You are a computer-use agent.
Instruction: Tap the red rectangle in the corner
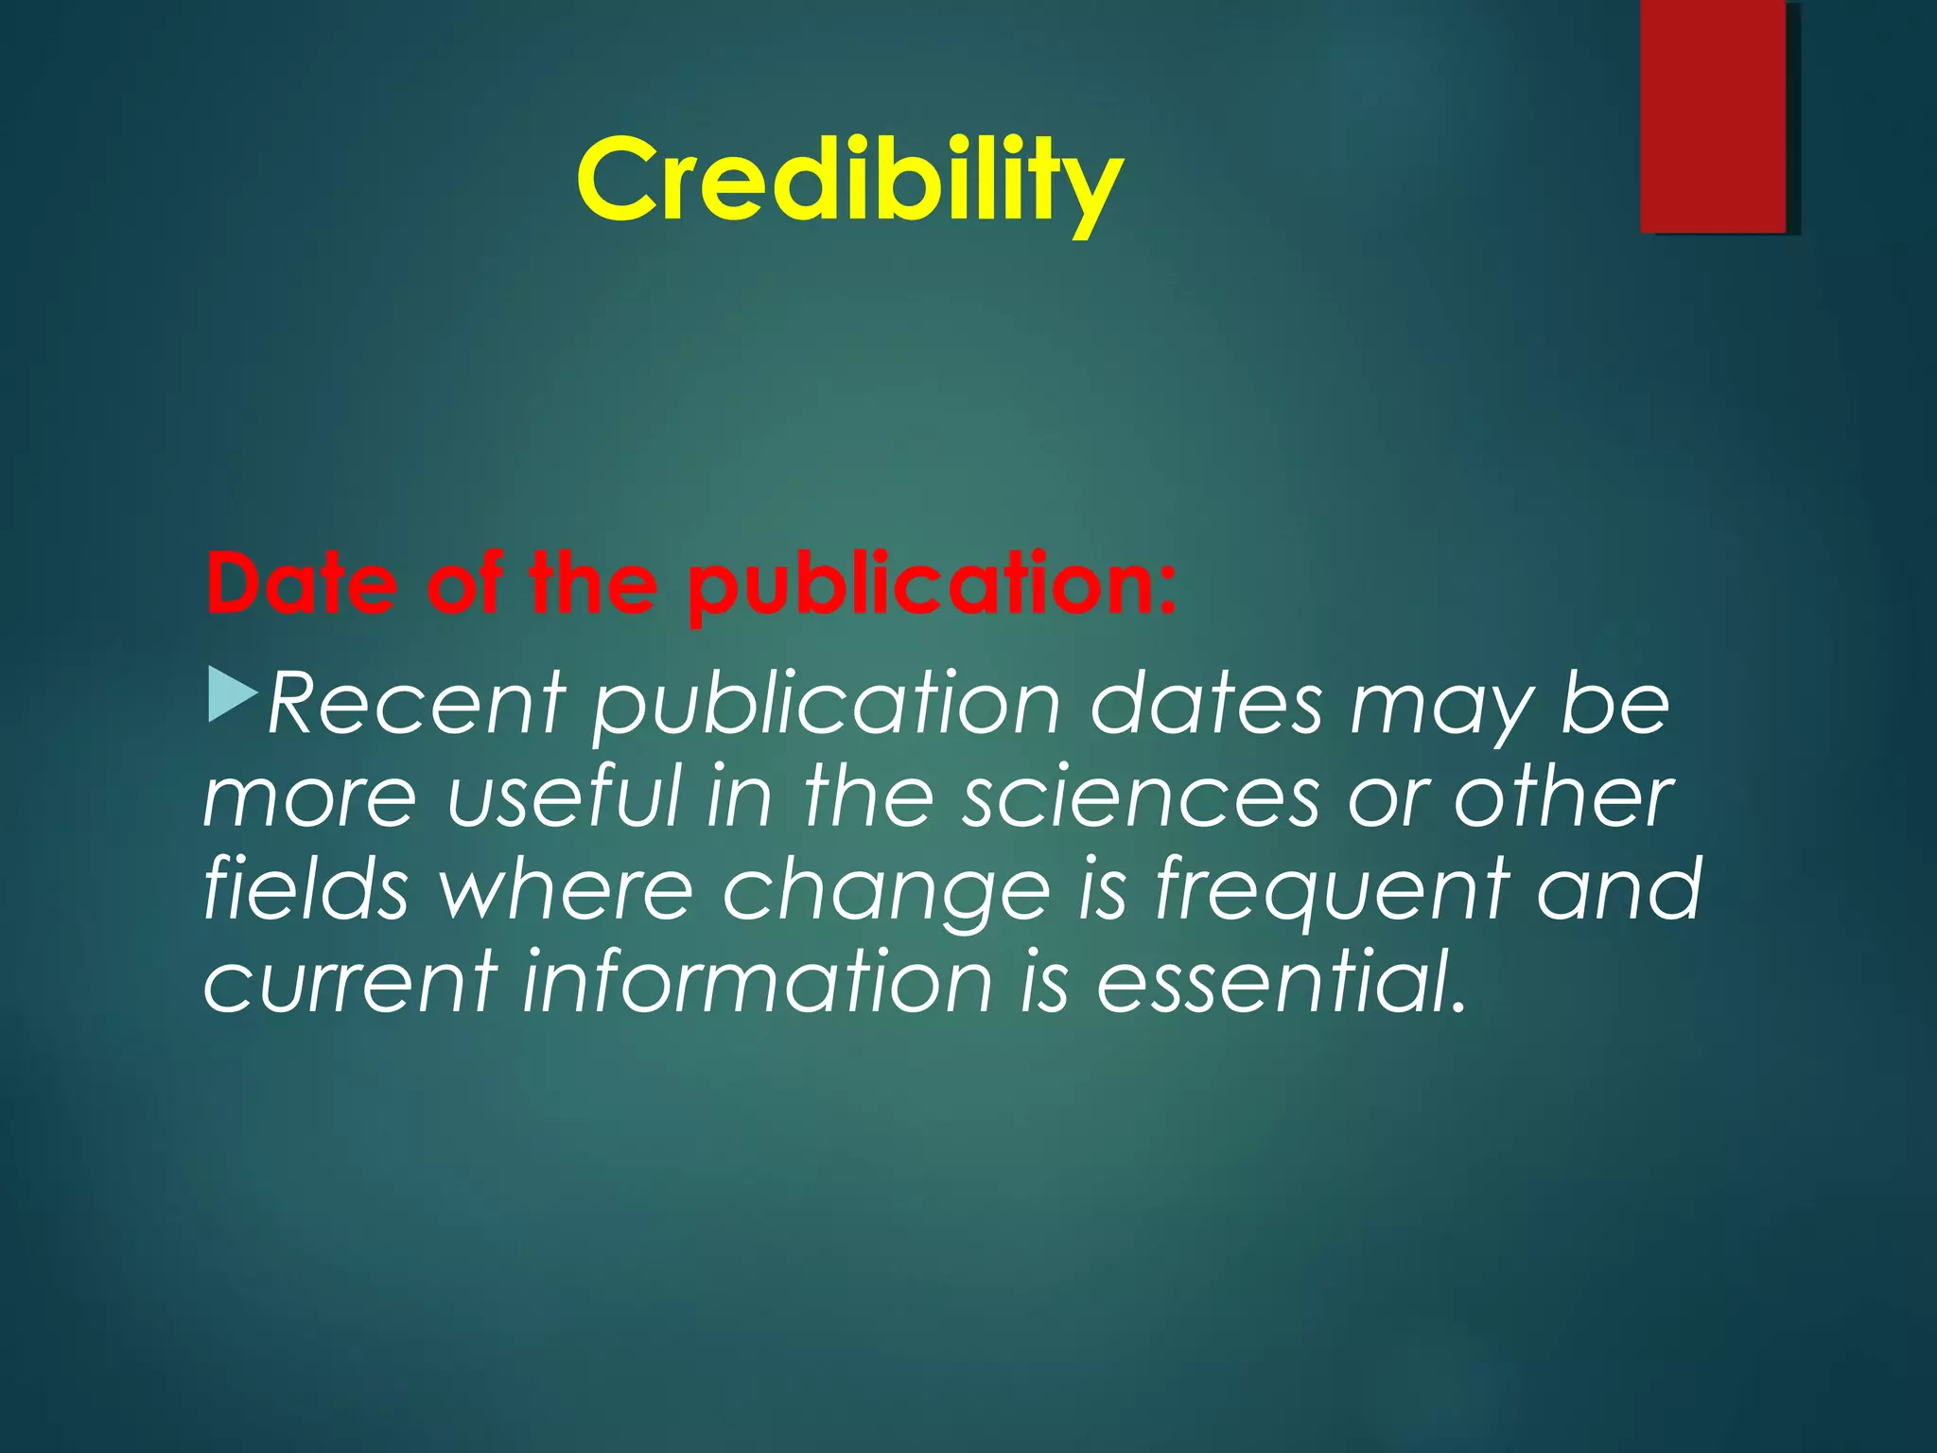[1713, 115]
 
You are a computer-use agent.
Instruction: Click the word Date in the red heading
[301, 584]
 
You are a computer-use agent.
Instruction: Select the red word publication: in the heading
[933, 586]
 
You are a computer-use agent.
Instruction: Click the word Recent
[417, 704]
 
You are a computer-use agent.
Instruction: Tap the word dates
[1206, 704]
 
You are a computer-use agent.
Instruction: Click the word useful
[564, 797]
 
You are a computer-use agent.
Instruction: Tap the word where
[566, 888]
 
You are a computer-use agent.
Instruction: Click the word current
[350, 981]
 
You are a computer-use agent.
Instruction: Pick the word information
[758, 981]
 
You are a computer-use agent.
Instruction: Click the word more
[309, 797]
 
